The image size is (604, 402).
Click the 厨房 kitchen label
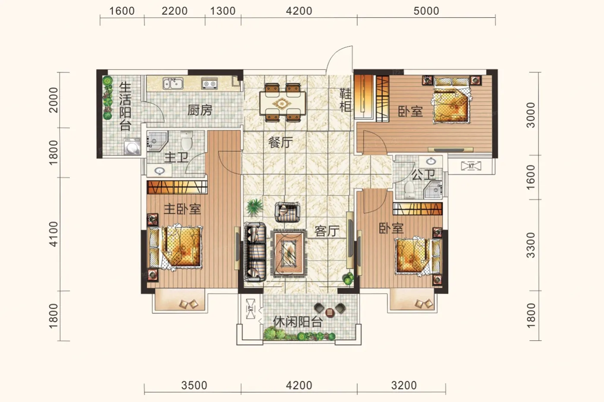click(x=200, y=110)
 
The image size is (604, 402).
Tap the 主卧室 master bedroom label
click(x=182, y=209)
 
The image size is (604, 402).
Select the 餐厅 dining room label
click(x=280, y=142)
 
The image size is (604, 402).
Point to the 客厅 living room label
click(x=327, y=231)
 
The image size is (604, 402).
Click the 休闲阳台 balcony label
click(x=298, y=322)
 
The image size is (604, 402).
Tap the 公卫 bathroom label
click(x=423, y=175)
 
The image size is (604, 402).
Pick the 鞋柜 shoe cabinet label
click(x=346, y=100)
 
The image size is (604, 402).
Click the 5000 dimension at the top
click(x=426, y=11)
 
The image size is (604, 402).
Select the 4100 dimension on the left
click(x=53, y=234)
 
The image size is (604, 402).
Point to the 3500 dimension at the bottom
click(x=194, y=386)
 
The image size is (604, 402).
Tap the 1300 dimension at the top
click(x=223, y=11)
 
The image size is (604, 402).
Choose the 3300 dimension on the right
click(x=531, y=245)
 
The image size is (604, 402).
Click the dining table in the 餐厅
click(x=283, y=103)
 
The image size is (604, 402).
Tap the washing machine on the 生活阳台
click(x=132, y=146)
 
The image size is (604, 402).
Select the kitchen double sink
click(x=173, y=83)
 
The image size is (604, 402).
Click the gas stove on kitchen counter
click(x=210, y=84)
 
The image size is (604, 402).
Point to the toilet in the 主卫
click(x=186, y=141)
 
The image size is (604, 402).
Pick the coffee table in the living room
click(x=289, y=253)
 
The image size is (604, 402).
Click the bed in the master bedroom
click(x=175, y=247)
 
